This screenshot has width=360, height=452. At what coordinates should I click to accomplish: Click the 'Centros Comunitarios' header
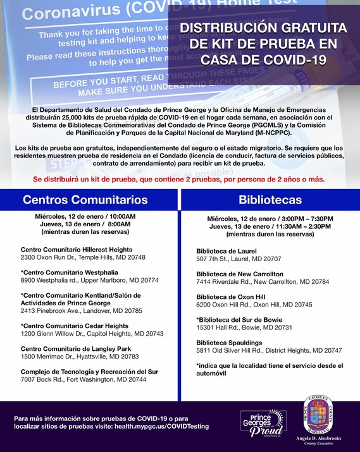(85, 200)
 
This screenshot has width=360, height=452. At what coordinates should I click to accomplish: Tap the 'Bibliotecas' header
(270, 200)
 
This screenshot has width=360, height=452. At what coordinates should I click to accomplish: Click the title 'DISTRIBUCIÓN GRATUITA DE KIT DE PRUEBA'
(263, 44)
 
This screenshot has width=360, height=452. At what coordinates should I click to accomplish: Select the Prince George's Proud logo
(259, 422)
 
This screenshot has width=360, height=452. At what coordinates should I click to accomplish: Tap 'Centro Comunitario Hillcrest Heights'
(77, 250)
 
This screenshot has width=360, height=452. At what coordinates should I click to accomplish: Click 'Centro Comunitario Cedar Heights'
(75, 326)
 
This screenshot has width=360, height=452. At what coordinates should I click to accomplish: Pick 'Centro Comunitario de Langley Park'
(75, 348)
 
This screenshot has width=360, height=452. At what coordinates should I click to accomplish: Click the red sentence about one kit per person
(179, 179)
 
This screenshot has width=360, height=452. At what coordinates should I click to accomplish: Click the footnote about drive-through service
(269, 369)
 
